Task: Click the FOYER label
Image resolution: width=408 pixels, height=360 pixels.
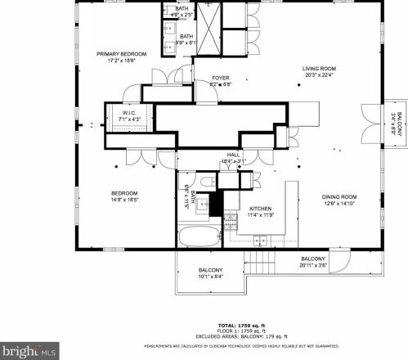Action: coord(220,78)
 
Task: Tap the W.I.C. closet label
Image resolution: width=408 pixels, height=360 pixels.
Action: coord(128,113)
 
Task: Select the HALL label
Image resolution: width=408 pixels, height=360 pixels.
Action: coord(233,154)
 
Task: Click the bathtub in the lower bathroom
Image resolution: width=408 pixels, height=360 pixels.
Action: coord(198,238)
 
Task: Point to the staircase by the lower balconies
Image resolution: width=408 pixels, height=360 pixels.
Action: coord(262,264)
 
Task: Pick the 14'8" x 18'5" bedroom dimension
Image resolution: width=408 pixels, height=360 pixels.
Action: coord(124,200)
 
